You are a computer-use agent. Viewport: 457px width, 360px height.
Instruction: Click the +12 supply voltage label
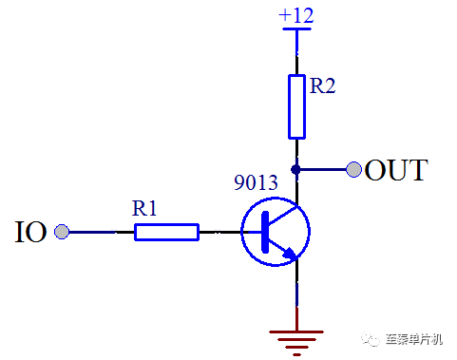[x=296, y=15]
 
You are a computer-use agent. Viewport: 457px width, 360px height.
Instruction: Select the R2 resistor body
[x=296, y=106]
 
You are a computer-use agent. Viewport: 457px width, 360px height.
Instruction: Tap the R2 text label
[x=322, y=85]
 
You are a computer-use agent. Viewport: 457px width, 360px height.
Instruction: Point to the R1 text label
[x=144, y=208]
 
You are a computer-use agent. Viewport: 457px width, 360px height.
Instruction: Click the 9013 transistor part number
[x=256, y=182]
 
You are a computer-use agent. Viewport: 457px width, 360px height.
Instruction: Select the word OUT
[x=396, y=170]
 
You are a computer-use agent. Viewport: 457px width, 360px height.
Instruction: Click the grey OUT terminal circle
[x=353, y=169]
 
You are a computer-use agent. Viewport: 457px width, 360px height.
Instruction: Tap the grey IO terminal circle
[x=62, y=232]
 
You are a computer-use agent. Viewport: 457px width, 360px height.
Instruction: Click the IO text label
[x=31, y=232]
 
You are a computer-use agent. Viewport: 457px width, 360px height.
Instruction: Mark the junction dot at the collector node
[x=295, y=169]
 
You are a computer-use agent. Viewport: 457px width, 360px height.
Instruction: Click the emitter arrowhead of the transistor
[x=290, y=253]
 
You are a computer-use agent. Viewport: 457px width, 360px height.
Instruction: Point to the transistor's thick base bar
[x=265, y=232]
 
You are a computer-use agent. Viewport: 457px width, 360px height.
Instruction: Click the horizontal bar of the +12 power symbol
[x=296, y=28]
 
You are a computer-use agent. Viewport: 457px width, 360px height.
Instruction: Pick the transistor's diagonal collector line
[x=283, y=216]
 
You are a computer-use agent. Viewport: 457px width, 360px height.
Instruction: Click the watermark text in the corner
[x=414, y=339]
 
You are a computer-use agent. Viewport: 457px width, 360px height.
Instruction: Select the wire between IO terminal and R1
[x=102, y=232]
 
